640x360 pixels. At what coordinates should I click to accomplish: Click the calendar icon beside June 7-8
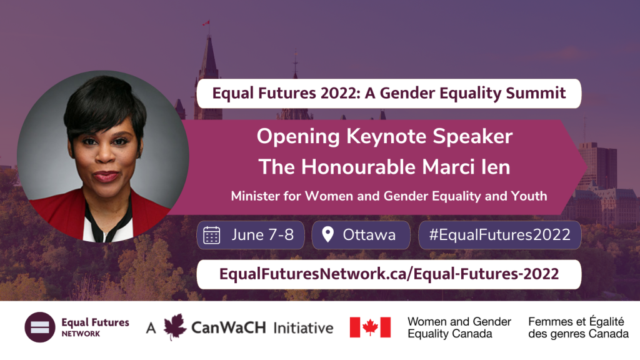(x=211, y=235)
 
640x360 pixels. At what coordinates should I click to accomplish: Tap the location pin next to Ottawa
(x=327, y=234)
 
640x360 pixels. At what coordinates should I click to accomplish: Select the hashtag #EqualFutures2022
(x=499, y=235)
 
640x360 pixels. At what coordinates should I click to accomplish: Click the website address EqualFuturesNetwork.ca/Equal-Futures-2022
(x=389, y=274)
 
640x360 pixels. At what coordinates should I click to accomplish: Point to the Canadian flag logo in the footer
(x=370, y=327)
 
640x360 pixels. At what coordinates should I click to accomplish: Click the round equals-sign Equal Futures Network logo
(x=40, y=327)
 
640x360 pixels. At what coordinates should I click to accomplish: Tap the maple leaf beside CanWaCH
(x=175, y=326)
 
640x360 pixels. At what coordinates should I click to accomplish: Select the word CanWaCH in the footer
(x=228, y=327)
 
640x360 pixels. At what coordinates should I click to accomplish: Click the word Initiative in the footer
(x=303, y=327)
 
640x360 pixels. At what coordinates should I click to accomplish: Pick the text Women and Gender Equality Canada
(x=459, y=327)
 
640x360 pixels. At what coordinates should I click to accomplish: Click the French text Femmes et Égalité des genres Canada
(x=578, y=327)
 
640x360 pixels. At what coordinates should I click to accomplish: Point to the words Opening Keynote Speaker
(x=384, y=137)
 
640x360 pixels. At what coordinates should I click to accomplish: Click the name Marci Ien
(x=466, y=167)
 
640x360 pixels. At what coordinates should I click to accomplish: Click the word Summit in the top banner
(x=536, y=93)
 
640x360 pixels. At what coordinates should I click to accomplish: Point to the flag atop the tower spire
(x=206, y=23)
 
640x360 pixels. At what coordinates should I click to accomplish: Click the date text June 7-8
(x=262, y=235)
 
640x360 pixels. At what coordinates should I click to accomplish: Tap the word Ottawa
(x=369, y=235)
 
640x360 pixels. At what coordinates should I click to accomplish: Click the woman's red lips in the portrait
(x=106, y=176)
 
